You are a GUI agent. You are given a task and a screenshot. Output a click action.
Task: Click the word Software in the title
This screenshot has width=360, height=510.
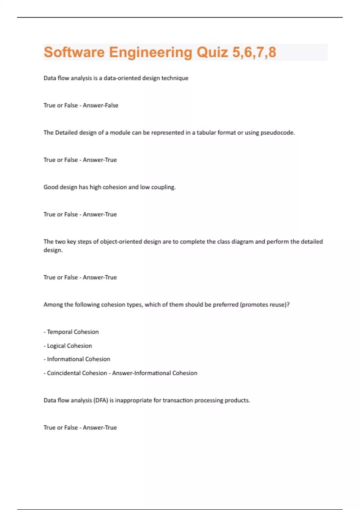74,52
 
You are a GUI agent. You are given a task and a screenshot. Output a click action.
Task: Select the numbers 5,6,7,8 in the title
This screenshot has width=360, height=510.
254,52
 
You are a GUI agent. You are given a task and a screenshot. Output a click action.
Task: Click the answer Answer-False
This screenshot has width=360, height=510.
100,105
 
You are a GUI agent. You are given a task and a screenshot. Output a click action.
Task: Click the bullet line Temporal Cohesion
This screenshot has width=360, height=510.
73,332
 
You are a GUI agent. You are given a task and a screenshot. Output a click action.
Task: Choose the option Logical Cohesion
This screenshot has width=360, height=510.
69,346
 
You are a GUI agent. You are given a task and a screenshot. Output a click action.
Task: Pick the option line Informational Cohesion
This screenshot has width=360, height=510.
78,359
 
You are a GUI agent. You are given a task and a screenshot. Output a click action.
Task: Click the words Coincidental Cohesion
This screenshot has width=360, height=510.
77,373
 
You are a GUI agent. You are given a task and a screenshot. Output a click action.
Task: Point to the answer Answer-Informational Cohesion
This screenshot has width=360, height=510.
155,373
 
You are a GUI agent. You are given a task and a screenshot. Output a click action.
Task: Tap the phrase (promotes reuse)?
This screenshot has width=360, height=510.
265,304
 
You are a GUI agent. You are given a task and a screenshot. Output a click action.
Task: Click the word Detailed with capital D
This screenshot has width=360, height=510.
66,133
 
